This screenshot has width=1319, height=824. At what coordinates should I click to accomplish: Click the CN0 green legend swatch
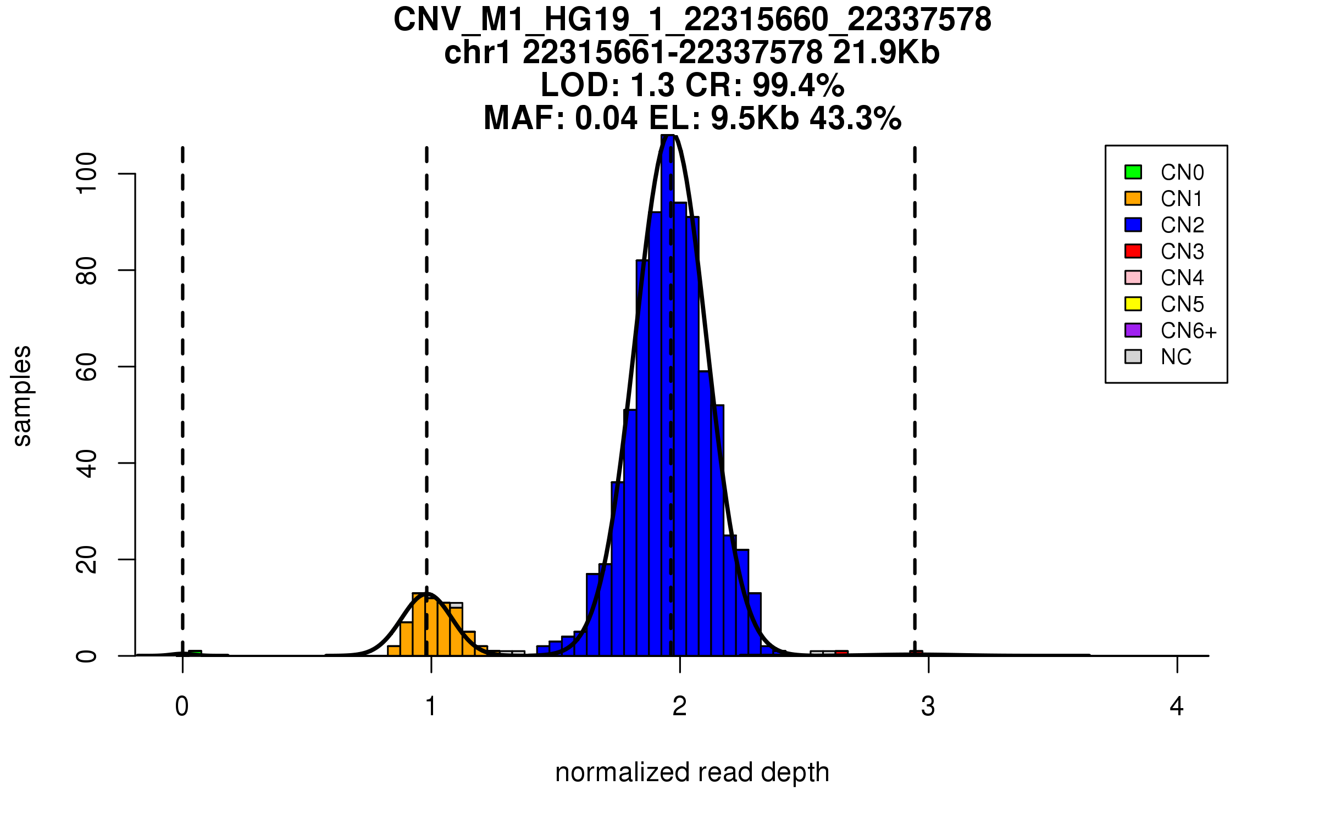(x=1133, y=172)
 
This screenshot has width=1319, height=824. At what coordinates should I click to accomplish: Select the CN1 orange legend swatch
(x=1133, y=198)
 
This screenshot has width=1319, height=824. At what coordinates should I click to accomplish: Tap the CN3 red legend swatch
(x=1133, y=251)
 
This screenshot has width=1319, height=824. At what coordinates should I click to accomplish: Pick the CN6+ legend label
(x=1188, y=331)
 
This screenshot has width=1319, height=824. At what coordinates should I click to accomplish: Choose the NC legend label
(x=1176, y=357)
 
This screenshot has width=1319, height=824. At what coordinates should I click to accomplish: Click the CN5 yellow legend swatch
(x=1133, y=304)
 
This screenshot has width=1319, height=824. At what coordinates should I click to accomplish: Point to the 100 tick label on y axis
(x=86, y=174)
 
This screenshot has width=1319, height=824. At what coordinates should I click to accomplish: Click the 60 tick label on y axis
(x=86, y=367)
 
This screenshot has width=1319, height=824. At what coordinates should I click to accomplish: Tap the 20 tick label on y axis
(x=86, y=560)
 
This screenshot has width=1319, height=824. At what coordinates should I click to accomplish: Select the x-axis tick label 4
(x=1177, y=706)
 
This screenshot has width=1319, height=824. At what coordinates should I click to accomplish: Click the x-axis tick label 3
(x=928, y=706)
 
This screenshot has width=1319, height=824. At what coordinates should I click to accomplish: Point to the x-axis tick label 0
(x=182, y=706)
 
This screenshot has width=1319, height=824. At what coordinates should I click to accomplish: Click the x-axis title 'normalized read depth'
(x=692, y=772)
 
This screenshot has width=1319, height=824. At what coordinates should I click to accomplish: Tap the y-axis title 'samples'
(x=22, y=396)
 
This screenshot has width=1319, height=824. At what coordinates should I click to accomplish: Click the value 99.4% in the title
(x=798, y=86)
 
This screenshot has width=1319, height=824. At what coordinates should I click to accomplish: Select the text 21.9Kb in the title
(x=886, y=53)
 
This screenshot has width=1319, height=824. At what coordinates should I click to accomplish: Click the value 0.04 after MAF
(x=606, y=119)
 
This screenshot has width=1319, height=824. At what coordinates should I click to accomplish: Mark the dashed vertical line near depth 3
(x=915, y=385)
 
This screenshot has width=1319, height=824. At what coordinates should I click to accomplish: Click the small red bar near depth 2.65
(x=841, y=653)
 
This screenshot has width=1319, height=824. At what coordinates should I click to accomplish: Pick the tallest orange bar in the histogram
(x=419, y=625)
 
